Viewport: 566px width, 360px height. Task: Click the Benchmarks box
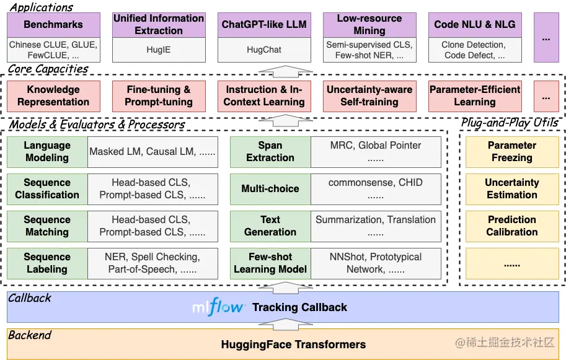[x=53, y=25]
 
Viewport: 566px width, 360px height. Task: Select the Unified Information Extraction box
[x=159, y=25]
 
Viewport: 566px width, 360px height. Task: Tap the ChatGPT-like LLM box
[x=264, y=25]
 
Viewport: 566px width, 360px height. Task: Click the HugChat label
[x=264, y=50]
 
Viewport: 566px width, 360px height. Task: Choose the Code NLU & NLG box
[x=475, y=25]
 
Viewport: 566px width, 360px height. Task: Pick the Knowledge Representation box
[x=53, y=96]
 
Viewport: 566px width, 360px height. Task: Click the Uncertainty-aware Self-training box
[x=369, y=96]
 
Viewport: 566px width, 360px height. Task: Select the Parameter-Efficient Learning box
[x=475, y=96]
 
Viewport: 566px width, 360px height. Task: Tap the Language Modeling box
[x=47, y=152]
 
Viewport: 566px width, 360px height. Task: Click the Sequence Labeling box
[x=47, y=263]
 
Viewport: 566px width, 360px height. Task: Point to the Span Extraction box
[x=270, y=152]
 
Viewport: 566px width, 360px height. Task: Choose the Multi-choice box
[x=270, y=189]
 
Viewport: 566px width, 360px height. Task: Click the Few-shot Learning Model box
[x=270, y=263]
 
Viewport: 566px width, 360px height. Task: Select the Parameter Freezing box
[x=512, y=152]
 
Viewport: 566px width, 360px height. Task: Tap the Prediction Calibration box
[x=512, y=226]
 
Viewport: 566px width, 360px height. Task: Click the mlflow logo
[x=218, y=307]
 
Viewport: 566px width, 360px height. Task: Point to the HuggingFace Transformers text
[x=293, y=345]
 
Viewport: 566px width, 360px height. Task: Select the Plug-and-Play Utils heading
[x=510, y=123]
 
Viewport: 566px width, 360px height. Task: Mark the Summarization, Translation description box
[x=376, y=226]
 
